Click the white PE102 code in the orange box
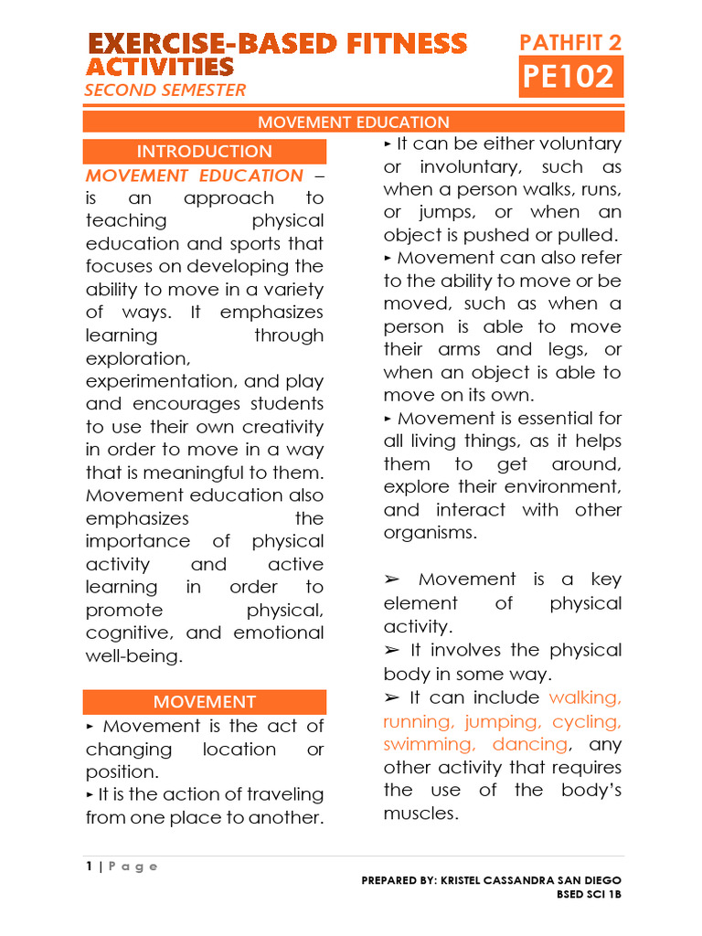point(568,77)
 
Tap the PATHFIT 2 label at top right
point(570,42)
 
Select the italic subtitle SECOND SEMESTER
point(165,90)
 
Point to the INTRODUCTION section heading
point(204,152)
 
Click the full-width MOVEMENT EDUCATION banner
point(353,122)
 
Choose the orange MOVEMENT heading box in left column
point(204,702)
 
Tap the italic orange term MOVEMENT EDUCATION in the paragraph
point(194,175)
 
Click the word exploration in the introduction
point(138,358)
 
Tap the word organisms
point(430,533)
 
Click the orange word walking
point(585,698)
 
